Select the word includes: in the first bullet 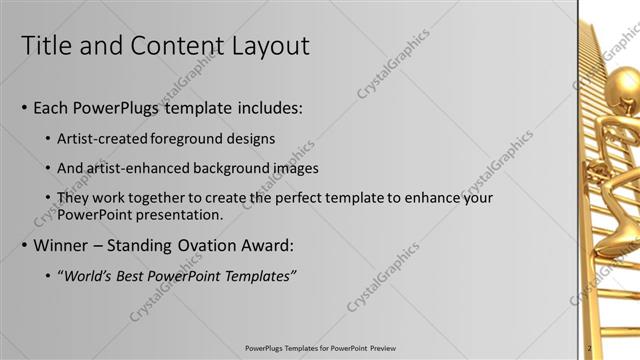(265, 107)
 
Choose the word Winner (62, 245)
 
